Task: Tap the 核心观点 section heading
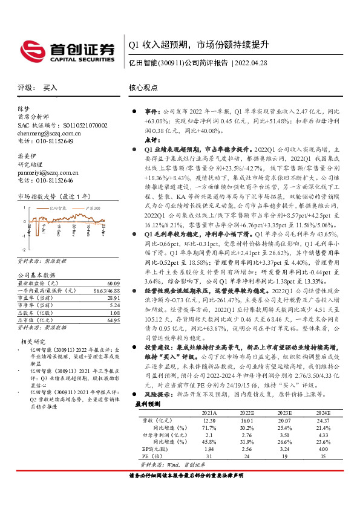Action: coord(143,88)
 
